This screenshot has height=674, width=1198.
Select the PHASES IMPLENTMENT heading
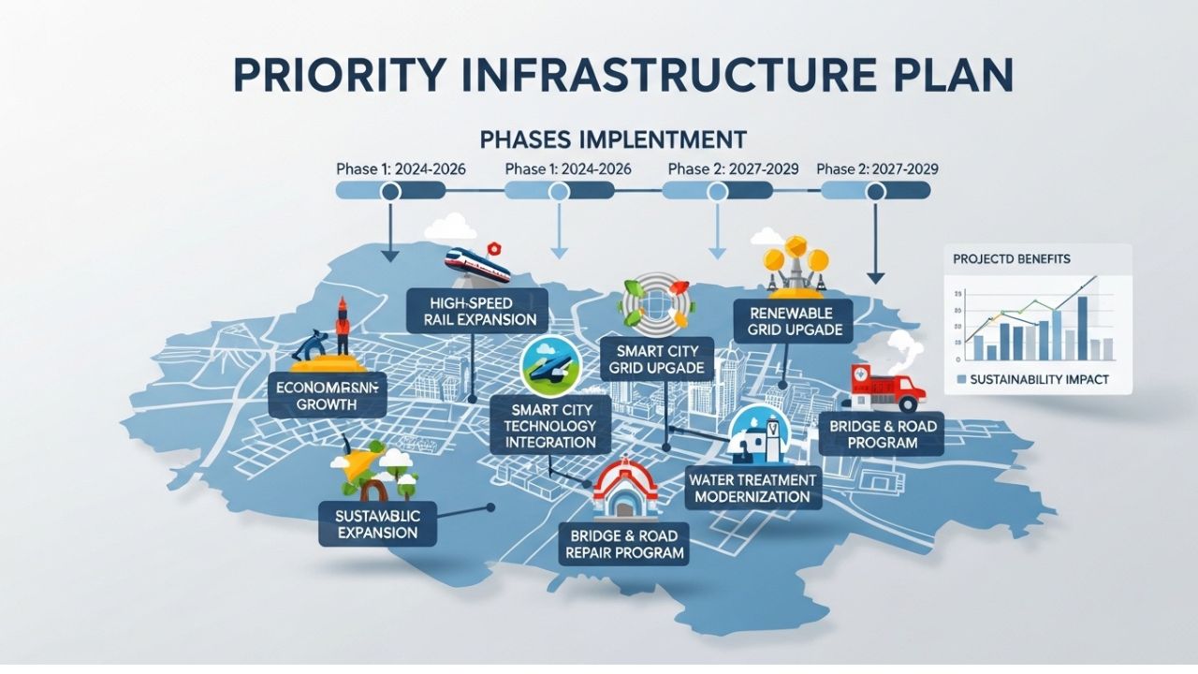pos(612,139)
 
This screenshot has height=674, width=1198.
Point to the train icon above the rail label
pos(477,264)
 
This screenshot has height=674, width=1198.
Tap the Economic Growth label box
pos(325,395)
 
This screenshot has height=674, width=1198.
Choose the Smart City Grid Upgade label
pos(657,359)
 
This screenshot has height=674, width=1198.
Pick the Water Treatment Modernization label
pos(752,488)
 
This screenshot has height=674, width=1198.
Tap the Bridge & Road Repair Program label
pos(625,544)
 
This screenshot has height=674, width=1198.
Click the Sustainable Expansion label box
pos(379,523)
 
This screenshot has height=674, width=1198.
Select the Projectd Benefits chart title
pos(1012,257)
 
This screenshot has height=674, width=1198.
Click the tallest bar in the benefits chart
pos(1082,328)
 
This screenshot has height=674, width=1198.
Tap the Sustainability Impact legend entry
pos(1033,379)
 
